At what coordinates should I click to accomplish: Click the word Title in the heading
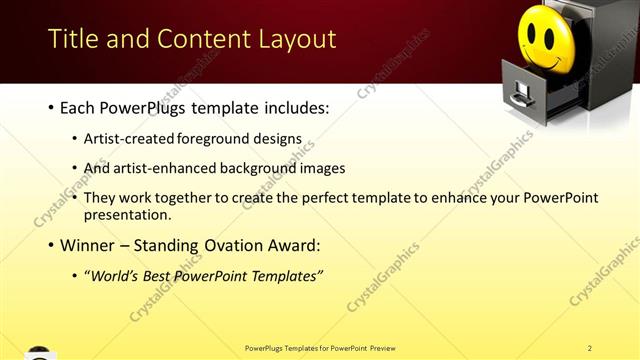coord(73,40)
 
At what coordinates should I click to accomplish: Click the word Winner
coord(87,245)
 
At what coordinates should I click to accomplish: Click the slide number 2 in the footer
coord(590,347)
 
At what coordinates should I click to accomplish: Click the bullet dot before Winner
coord(51,246)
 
